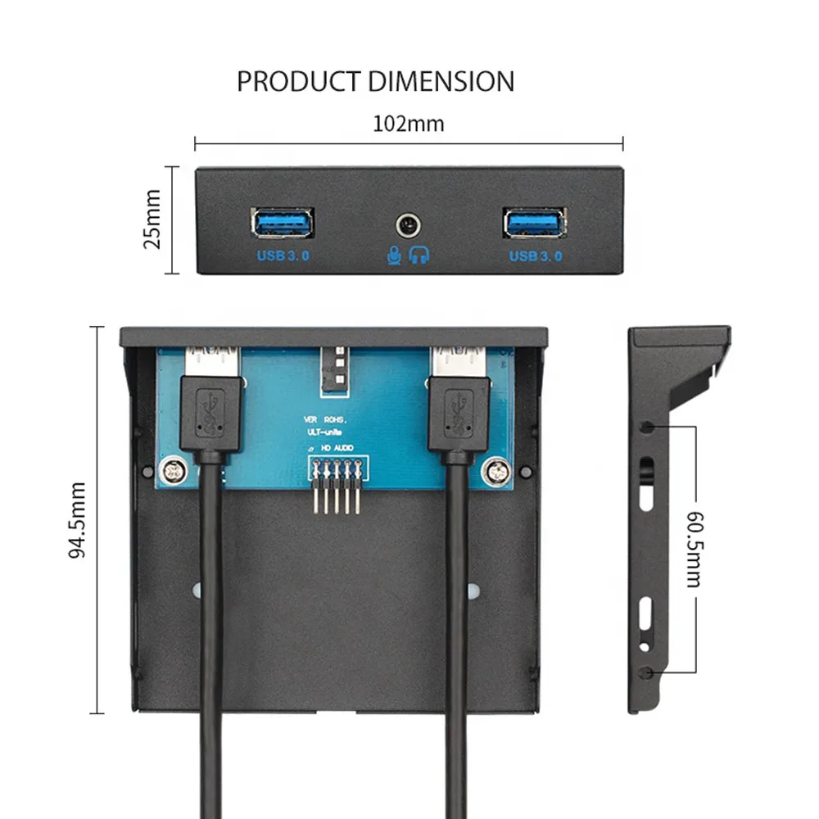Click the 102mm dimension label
408,124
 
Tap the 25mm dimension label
152,220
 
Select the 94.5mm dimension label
77,520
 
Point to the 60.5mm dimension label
694,550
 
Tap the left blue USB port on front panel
282,222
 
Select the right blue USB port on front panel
535,222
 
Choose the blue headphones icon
419,256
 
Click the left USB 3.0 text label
283,256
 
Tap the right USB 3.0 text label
536,256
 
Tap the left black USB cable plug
210,414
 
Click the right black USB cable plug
459,414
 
